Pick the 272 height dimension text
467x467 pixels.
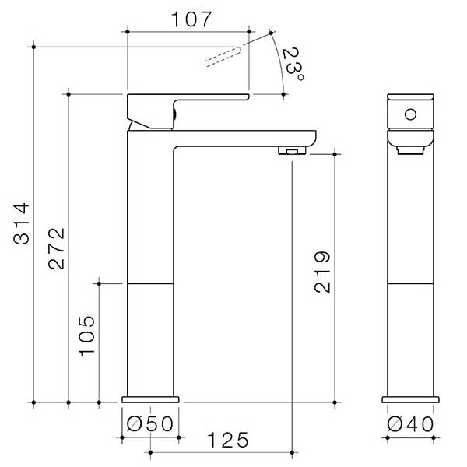point(56,249)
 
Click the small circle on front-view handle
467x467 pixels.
point(409,116)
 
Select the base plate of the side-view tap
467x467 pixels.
point(152,399)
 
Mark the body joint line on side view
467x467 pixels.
point(149,283)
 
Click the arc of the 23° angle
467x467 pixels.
point(279,62)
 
